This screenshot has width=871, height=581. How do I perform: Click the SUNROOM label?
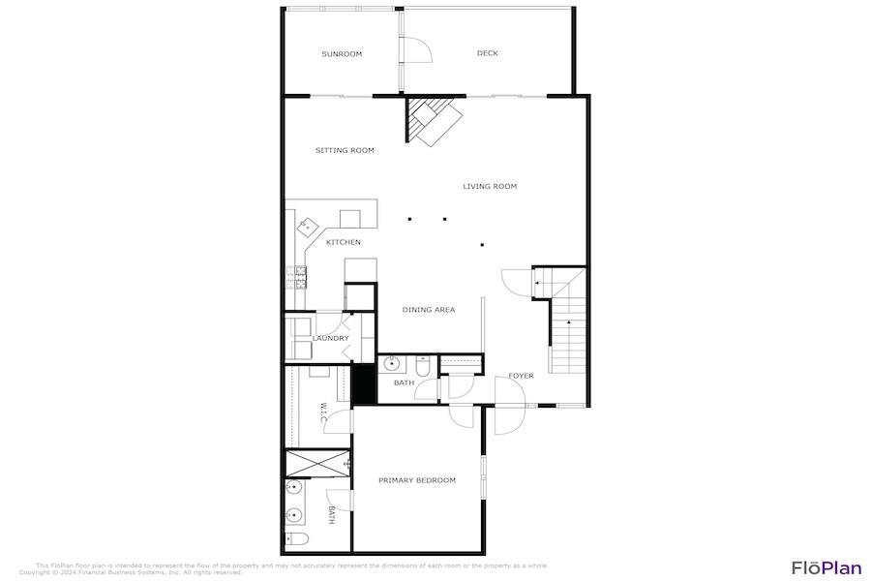pos(342,54)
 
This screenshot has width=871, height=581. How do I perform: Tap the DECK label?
pos(488,53)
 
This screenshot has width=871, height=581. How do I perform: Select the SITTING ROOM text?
pos(345,151)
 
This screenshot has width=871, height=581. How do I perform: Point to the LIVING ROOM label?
pos(490,186)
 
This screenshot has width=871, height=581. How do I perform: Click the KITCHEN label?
pos(344,242)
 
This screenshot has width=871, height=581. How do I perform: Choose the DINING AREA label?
pos(429,310)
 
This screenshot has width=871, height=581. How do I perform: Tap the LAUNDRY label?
pos(330,338)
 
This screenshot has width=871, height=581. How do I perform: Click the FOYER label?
pos(522,376)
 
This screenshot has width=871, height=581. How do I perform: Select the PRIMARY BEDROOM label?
pos(417,480)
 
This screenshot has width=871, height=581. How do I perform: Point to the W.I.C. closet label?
pos(323,413)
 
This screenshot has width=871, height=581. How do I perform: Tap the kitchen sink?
pos(308,227)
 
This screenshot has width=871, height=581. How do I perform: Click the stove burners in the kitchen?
pos(295,277)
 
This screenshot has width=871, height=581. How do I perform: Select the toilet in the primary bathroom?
pos(296,538)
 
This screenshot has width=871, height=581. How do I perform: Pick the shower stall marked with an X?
pos(316,463)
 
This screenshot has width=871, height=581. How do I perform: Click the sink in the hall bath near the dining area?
pos(392,365)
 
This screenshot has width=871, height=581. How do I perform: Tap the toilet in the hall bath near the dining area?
pos(422,367)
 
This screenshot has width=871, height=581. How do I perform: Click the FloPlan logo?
pos(826,568)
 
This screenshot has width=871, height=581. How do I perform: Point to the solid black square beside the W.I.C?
pos(362,383)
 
